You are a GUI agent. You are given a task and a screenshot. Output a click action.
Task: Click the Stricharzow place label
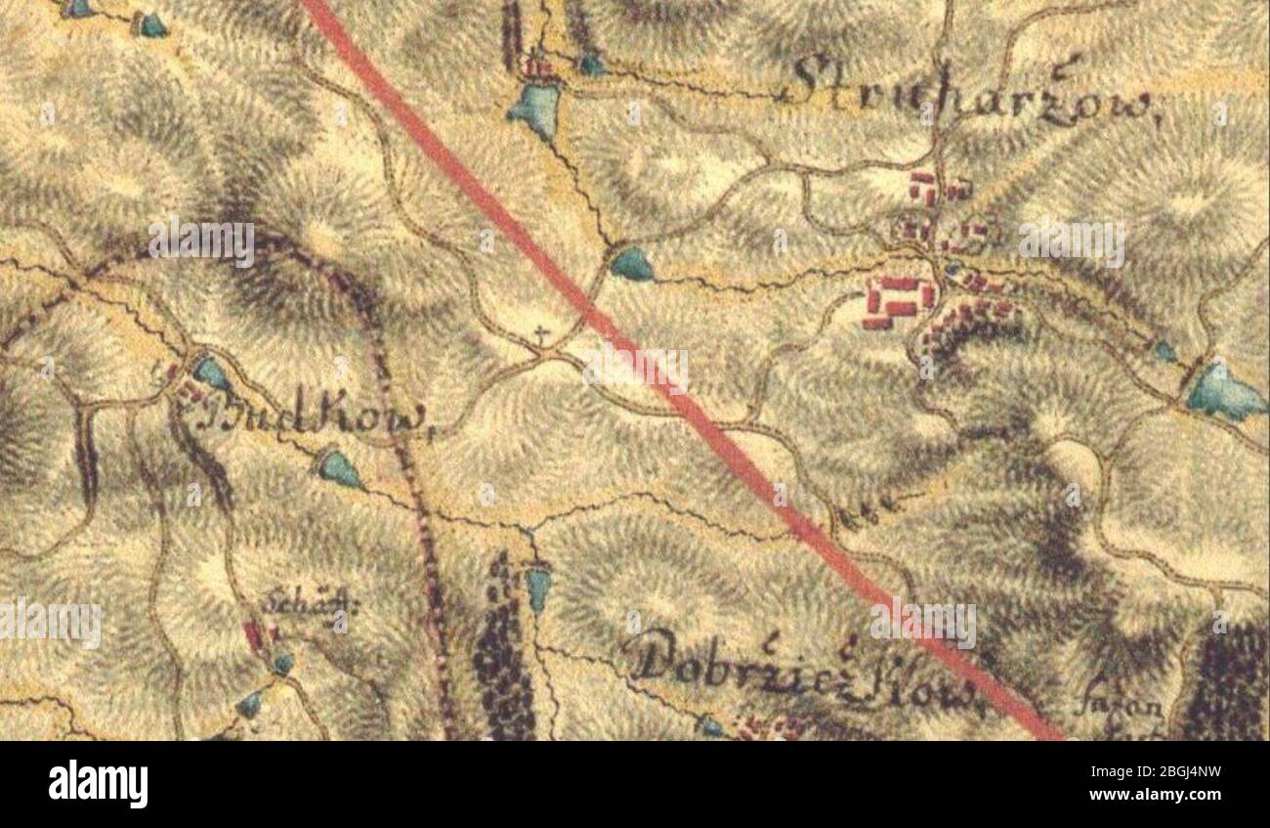coord(971,94)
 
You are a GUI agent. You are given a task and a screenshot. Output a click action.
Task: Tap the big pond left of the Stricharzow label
coord(535,108)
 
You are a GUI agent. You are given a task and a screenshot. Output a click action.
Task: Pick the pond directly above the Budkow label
coord(210,371)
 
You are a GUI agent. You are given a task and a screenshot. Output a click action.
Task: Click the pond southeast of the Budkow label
coord(339,468)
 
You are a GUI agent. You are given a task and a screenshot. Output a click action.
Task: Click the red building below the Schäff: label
coord(255,635)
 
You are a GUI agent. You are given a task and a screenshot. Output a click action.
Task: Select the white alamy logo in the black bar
coord(98,784)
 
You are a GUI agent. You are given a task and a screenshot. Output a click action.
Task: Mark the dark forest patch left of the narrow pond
coord(502,655)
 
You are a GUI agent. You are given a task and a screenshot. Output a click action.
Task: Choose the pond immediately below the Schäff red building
coord(282,664)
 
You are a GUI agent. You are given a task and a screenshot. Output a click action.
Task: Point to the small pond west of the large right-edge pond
coord(1164,350)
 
